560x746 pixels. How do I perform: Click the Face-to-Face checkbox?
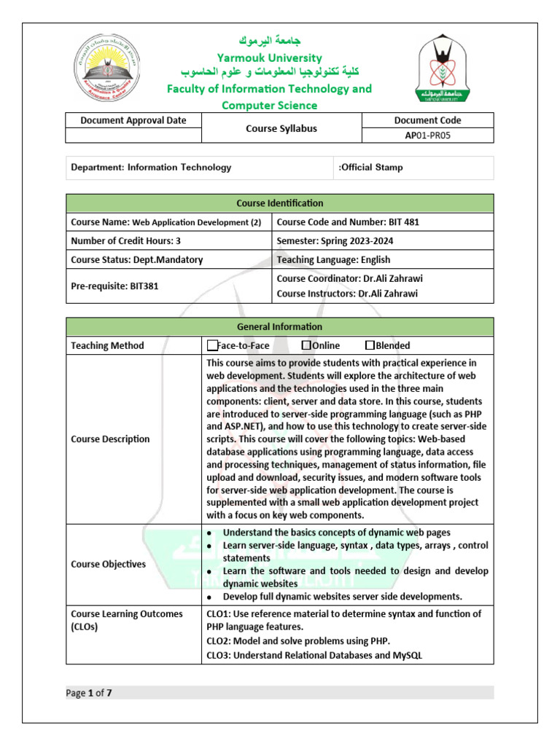212,345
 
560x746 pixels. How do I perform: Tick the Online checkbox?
306,345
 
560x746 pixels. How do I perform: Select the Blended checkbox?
370,345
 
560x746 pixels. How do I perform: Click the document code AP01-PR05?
428,135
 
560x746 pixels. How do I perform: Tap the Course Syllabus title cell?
280,127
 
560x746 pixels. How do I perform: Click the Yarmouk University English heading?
269,58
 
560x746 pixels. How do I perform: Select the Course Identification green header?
279,203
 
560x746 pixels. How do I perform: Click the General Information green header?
279,326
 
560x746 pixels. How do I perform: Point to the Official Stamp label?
370,168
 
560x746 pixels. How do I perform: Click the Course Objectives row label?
108,564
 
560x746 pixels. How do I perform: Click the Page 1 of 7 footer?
89,693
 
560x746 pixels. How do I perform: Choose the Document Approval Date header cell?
133,120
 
